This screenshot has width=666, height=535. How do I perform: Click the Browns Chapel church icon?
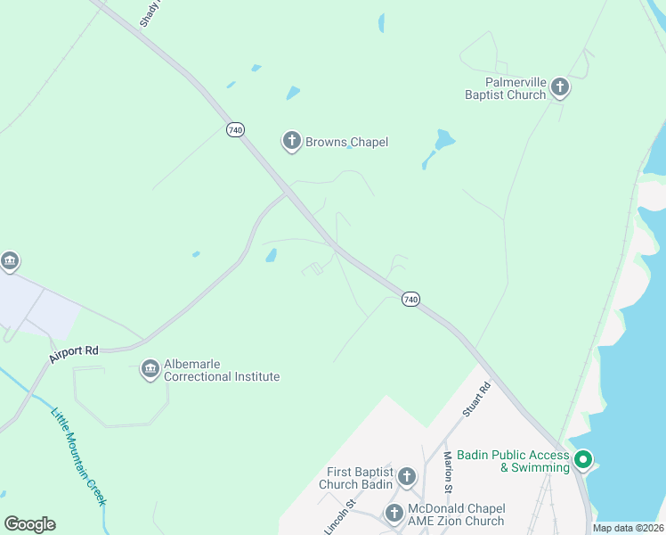pyautogui.click(x=291, y=141)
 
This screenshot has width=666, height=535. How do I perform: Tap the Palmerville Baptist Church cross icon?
pyautogui.click(x=560, y=86)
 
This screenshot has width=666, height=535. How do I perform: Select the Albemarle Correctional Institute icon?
pyautogui.click(x=150, y=369)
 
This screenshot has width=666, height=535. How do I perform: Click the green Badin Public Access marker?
pyautogui.click(x=583, y=460)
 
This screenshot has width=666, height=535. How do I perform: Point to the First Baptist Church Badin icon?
pyautogui.click(x=407, y=477)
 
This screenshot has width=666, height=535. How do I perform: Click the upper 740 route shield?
pyautogui.click(x=235, y=130)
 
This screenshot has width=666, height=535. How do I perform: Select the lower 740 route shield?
pyautogui.click(x=410, y=300)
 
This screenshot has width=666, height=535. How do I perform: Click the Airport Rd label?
pyautogui.click(x=74, y=351)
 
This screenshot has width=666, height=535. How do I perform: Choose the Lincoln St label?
pyautogui.click(x=339, y=516)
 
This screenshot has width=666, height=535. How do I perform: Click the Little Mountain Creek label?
pyautogui.click(x=78, y=457)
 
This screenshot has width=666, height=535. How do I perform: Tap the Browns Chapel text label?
pyautogui.click(x=346, y=142)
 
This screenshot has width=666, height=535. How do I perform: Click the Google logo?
pyautogui.click(x=29, y=524)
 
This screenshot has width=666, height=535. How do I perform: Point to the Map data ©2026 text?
pyautogui.click(x=629, y=528)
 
